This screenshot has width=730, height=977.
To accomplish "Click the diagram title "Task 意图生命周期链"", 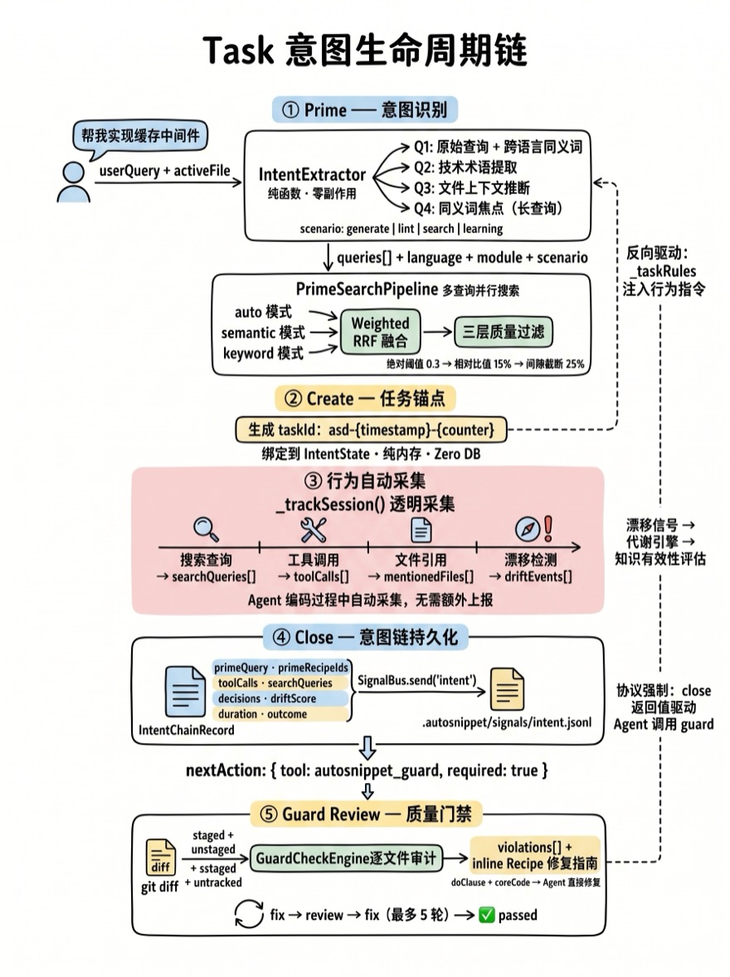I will pyautogui.click(x=365, y=52).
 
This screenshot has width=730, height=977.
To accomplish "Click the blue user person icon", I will pyautogui.click(x=74, y=182).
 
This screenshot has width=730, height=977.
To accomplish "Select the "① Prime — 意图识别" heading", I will pyautogui.click(x=365, y=109).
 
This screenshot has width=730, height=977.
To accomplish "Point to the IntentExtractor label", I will pyautogui.click(x=312, y=175).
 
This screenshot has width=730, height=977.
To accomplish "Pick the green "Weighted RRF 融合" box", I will pyautogui.click(x=380, y=332).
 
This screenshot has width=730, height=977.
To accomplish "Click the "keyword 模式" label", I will pyautogui.click(x=263, y=352).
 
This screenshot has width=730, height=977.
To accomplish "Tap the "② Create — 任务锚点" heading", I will pyautogui.click(x=365, y=398).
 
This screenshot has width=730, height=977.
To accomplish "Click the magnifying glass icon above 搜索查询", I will pyautogui.click(x=205, y=529).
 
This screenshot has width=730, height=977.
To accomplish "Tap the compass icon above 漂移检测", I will pyautogui.click(x=528, y=529).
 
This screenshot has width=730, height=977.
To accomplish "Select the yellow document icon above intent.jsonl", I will pyautogui.click(x=507, y=688).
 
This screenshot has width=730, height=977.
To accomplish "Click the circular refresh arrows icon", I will pyautogui.click(x=248, y=915).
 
